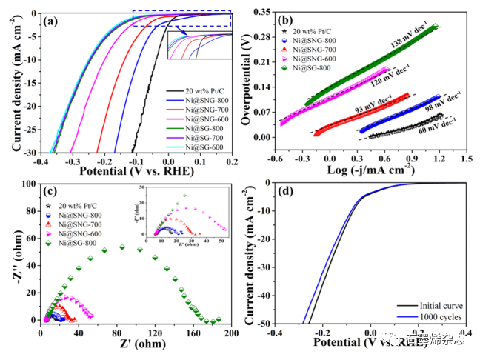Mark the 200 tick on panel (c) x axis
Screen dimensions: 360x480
(x=232, y=333)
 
